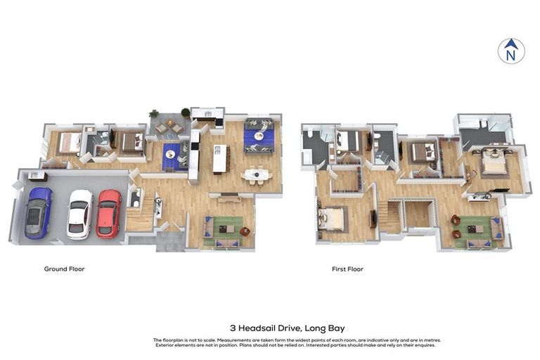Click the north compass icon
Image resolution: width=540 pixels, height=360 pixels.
pos(511,51)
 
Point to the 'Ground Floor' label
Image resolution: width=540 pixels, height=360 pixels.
pos(64,269)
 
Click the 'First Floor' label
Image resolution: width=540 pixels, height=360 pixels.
pos(347,269)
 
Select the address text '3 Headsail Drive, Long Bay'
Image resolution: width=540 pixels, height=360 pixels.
pos(287,328)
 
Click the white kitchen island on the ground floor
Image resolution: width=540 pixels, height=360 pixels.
pos(219,158)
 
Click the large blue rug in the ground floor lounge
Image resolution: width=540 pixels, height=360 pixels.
pos(258,136)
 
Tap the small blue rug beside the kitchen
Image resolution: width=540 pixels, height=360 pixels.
pos(171,155)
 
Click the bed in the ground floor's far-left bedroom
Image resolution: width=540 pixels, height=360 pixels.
pos(70,142)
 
